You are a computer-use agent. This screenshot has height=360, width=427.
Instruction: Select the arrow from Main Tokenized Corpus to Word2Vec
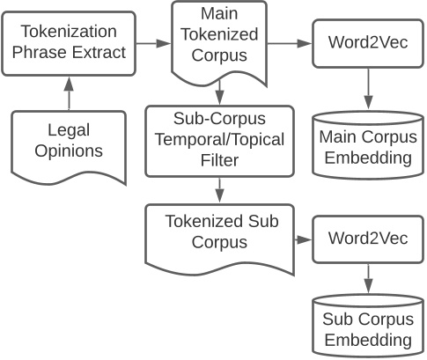pyautogui.click(x=288, y=42)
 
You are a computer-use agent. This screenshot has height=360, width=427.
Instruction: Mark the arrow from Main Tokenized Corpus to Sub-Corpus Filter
pyautogui.click(x=218, y=93)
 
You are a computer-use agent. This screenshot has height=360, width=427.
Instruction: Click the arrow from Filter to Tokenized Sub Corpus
pyautogui.click(x=218, y=187)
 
